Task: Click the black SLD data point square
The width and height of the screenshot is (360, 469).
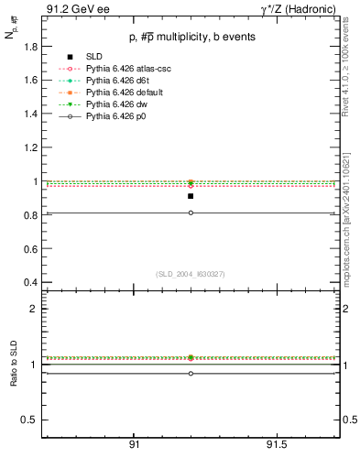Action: [191, 196]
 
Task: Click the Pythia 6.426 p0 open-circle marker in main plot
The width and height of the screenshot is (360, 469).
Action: [191, 213]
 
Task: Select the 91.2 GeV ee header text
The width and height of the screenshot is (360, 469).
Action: [69, 9]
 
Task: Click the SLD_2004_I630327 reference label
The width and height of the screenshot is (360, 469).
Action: [190, 274]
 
